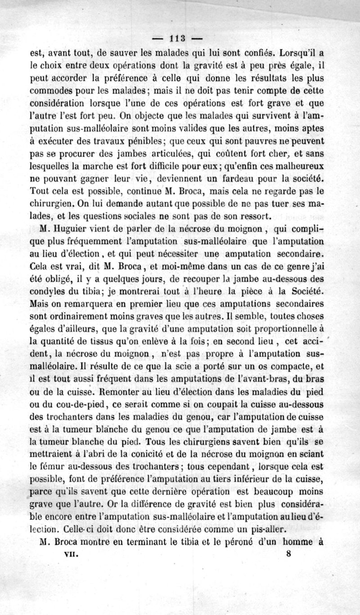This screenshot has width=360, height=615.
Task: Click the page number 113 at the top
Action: (179, 38)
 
